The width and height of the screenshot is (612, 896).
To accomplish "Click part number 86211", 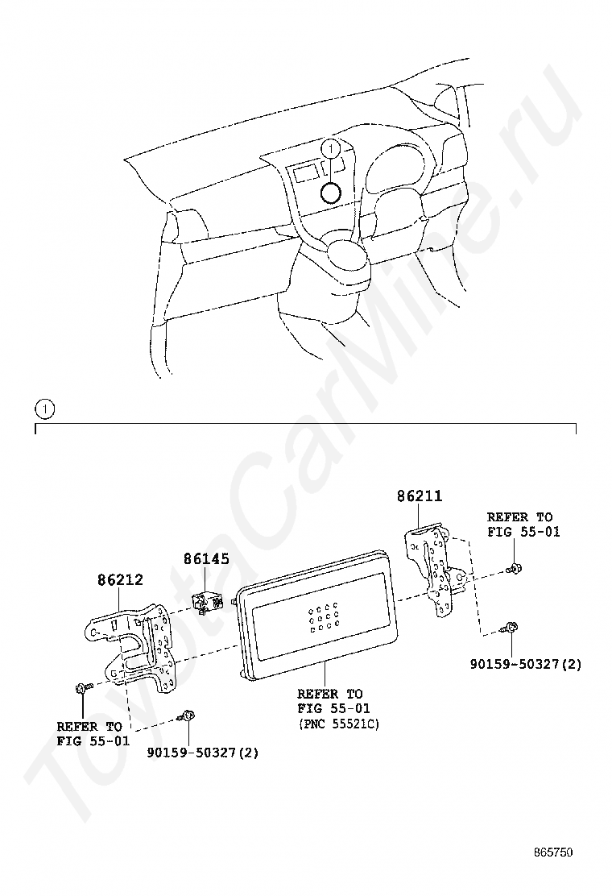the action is coord(420,496).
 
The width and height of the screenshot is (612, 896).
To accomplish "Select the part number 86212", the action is coord(120,580).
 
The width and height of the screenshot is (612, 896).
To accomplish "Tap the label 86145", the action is coord(206,558).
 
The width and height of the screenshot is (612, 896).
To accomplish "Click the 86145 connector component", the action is coord(205,602).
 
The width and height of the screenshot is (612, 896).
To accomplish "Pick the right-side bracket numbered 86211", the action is coord(436,570).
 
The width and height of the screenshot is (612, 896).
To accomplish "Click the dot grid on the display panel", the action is coord(323,616).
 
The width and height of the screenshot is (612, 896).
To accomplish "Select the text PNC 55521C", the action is coord(338,724).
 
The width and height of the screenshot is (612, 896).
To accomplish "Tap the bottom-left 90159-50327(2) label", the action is coord(203,753).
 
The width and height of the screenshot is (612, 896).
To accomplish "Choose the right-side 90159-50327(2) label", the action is coord(526,664).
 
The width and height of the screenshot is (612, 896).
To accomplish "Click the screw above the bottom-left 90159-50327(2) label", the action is coord(186,715).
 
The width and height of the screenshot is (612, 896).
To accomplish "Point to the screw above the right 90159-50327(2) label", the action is coord(510,628).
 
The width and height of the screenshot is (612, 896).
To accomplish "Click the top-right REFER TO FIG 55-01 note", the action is coord(523,525).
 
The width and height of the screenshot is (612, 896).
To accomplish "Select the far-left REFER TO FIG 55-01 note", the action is coord(93,734).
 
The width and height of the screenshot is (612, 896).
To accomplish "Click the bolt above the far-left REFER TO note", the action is coord(81,688).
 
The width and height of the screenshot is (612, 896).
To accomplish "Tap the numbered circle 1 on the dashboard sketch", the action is coord(330,149).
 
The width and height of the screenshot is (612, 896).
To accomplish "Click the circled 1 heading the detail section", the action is coord(45,409).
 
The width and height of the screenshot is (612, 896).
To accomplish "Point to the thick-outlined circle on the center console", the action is coord(330,193).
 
